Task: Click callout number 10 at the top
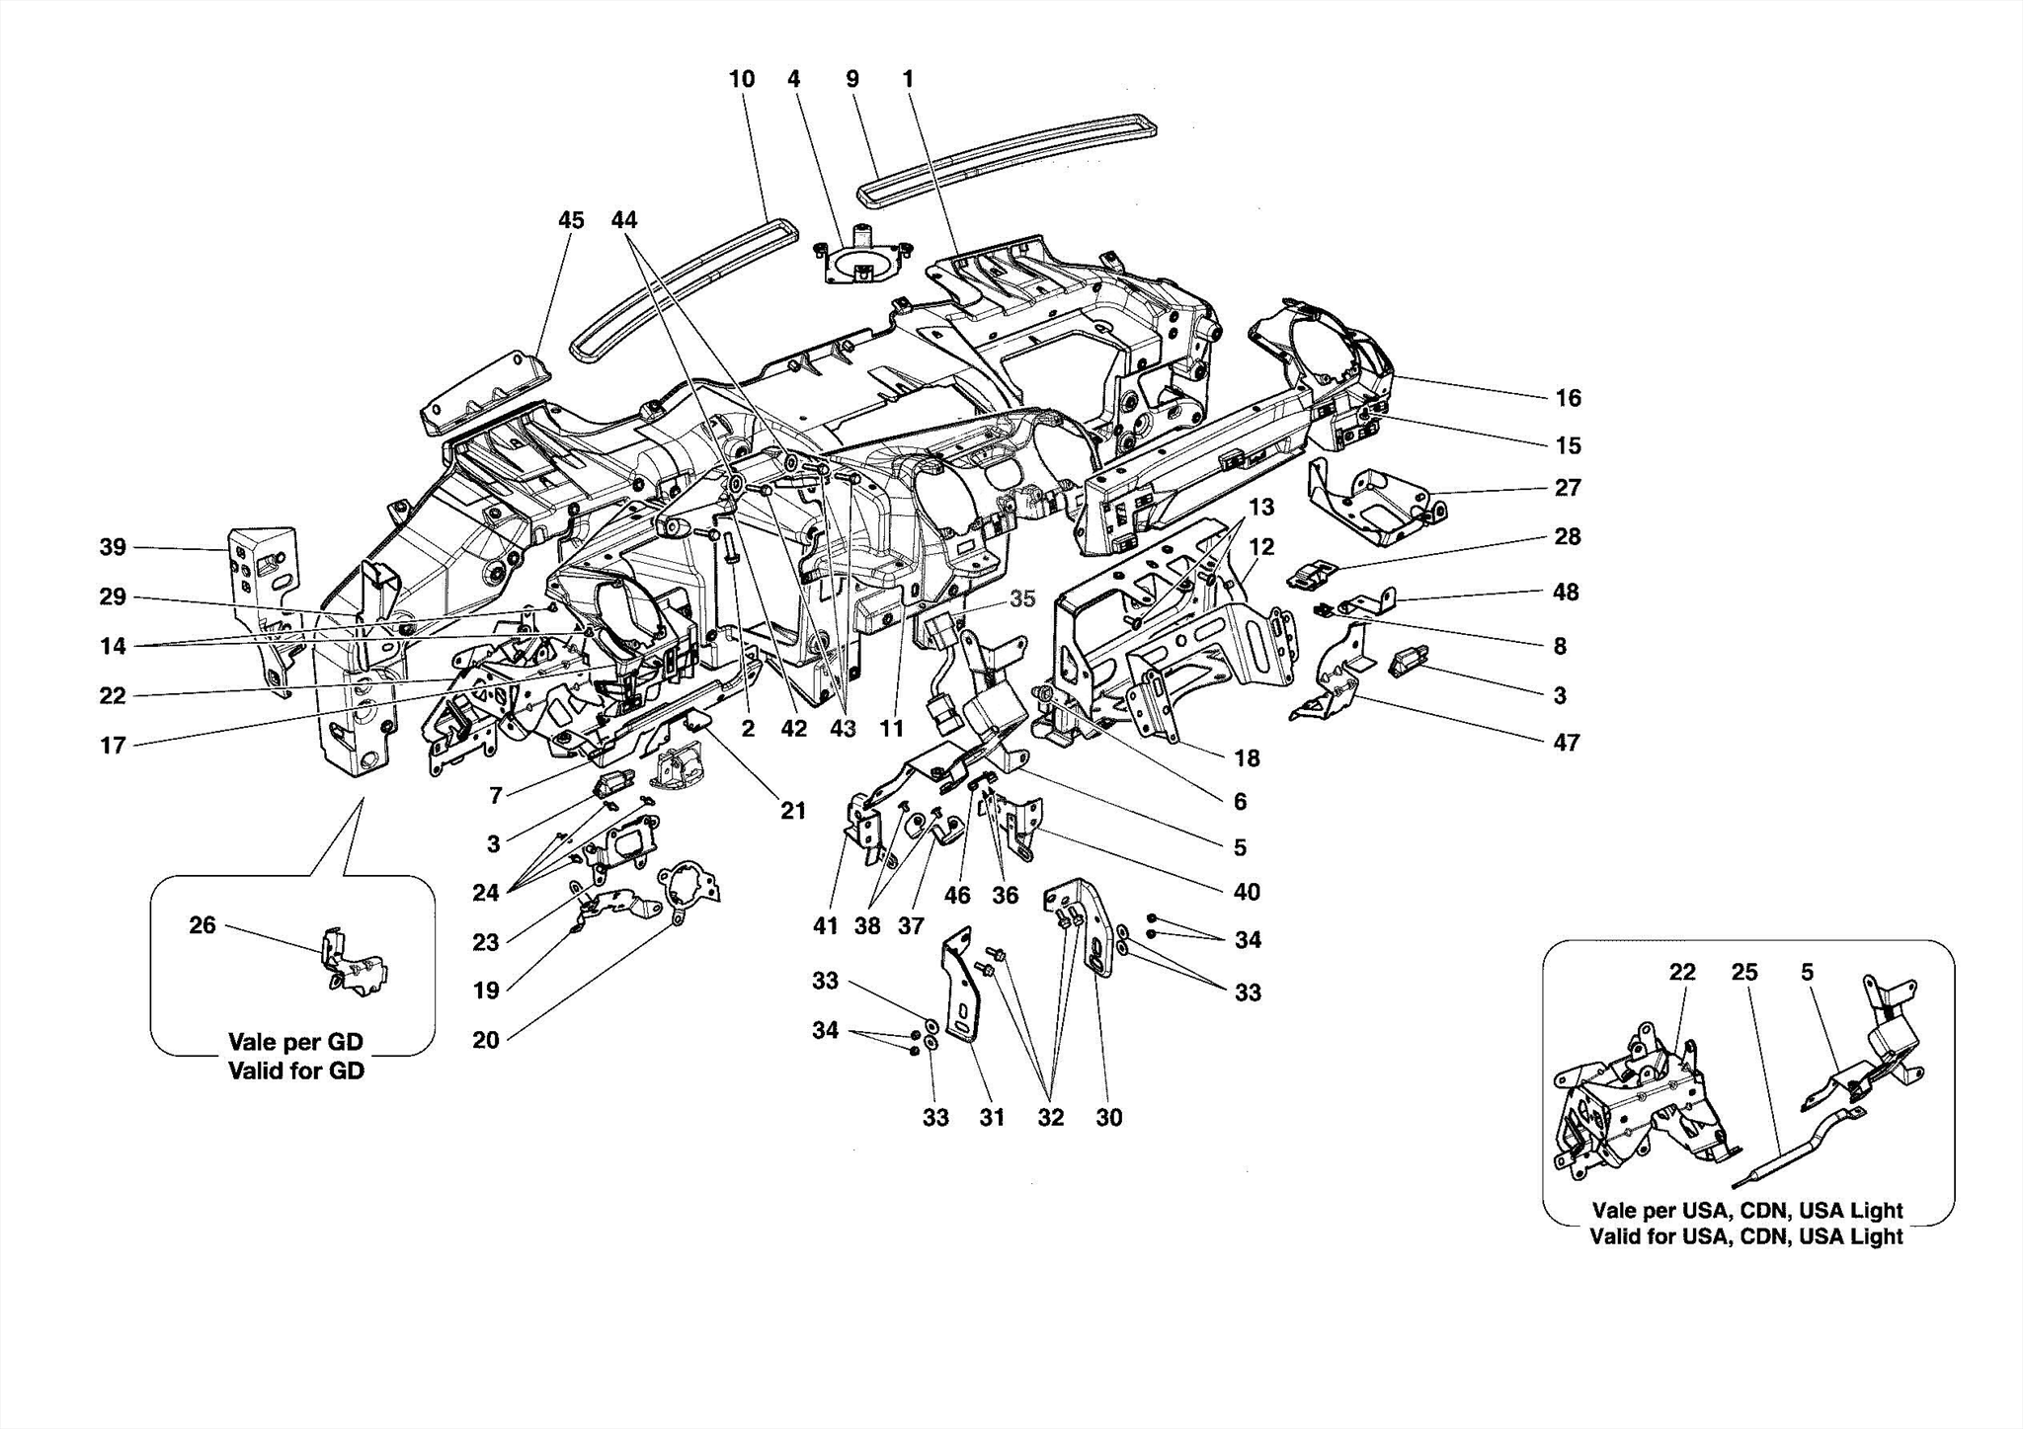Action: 741,79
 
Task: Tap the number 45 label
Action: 571,220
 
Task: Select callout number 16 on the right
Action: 1568,398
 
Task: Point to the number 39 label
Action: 113,547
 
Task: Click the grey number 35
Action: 1022,598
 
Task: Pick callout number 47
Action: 1567,743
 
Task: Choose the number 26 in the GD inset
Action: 202,925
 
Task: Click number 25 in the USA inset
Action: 1744,973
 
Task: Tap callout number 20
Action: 485,1039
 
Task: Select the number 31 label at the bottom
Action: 992,1117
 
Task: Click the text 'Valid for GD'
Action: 296,1071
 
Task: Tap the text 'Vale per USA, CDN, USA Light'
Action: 1746,1211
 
